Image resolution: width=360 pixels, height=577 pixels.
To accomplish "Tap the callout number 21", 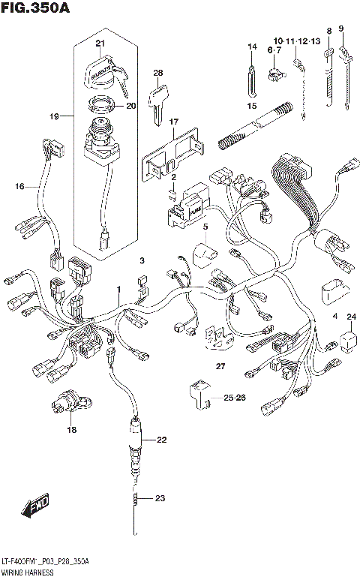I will [100, 44].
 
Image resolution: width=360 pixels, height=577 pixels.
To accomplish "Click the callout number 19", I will [54, 117].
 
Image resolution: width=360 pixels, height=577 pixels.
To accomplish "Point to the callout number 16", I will [19, 185].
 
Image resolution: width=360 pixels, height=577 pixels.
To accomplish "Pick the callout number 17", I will [173, 122].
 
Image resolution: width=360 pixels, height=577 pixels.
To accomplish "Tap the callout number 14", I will [252, 47].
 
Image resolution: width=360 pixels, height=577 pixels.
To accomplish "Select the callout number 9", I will [341, 29].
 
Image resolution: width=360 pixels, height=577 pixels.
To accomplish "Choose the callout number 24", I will [350, 317].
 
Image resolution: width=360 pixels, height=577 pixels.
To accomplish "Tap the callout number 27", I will [220, 366].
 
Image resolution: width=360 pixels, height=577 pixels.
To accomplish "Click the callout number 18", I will [72, 430].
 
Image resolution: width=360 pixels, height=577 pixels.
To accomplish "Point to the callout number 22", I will [161, 440].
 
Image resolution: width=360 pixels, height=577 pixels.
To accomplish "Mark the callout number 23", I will [159, 497].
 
